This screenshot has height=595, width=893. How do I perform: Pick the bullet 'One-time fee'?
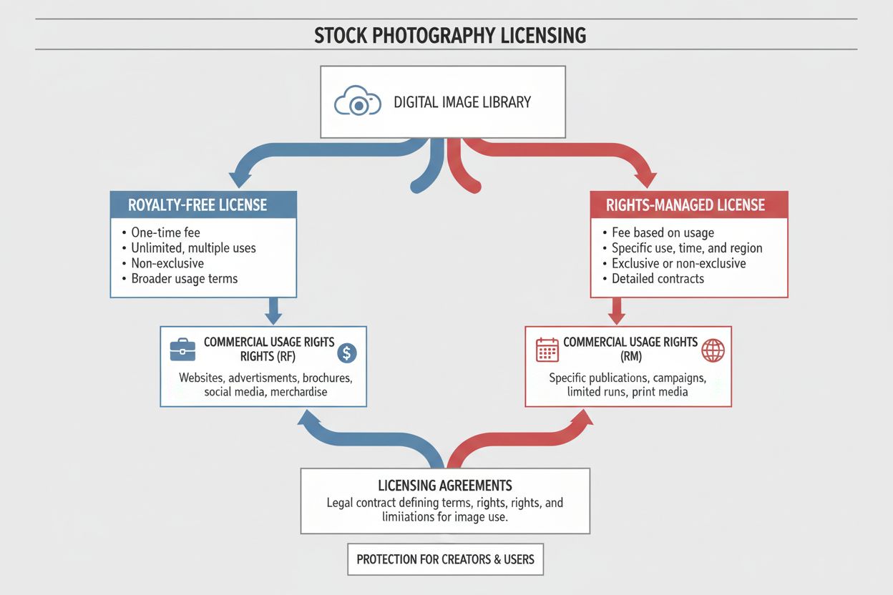(x=165, y=232)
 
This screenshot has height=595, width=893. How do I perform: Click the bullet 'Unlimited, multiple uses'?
(x=193, y=248)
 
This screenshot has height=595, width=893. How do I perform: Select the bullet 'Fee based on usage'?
(x=663, y=232)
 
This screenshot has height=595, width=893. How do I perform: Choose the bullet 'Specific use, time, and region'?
(x=687, y=248)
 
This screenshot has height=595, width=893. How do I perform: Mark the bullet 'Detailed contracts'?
(x=658, y=279)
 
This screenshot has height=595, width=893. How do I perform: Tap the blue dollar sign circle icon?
(x=346, y=352)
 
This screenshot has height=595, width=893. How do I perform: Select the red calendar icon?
(x=547, y=350)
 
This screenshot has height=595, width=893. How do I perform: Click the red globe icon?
(x=713, y=350)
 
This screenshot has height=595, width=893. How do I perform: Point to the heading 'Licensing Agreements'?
(x=445, y=486)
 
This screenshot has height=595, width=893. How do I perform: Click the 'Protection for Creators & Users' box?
(x=445, y=559)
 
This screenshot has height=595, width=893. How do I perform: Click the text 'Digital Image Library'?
(x=462, y=102)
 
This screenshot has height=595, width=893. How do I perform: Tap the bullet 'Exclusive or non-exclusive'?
(x=678, y=263)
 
